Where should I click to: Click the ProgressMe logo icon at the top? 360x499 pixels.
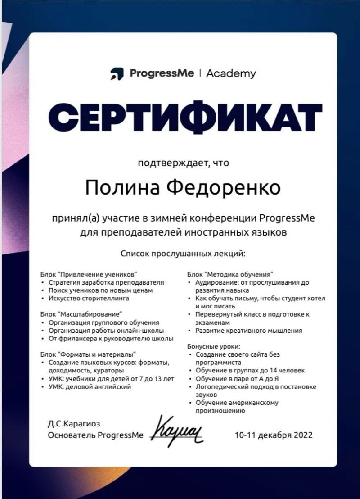pyautogui.click(x=117, y=73)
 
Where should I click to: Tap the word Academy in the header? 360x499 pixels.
pyautogui.click(x=231, y=73)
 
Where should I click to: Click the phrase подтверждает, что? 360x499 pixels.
pyautogui.click(x=183, y=163)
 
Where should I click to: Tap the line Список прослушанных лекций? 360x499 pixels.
pyautogui.click(x=183, y=254)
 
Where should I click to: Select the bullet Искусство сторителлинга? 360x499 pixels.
pyautogui.click(x=89, y=298)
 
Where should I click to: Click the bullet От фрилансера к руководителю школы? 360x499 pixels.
pyautogui.click(x=111, y=338)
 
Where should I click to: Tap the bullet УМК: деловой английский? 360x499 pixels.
pyautogui.click(x=90, y=386)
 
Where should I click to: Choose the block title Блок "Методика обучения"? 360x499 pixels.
pyautogui.click(x=230, y=274)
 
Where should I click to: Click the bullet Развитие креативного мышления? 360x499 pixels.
pyautogui.click(x=248, y=331)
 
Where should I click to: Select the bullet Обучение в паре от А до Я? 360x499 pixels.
pyautogui.click(x=237, y=378)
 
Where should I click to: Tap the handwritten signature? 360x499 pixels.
pyautogui.click(x=179, y=431)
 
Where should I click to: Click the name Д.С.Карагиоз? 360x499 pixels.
pyautogui.click(x=74, y=424)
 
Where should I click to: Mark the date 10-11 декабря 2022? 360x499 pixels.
pyautogui.click(x=273, y=435)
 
